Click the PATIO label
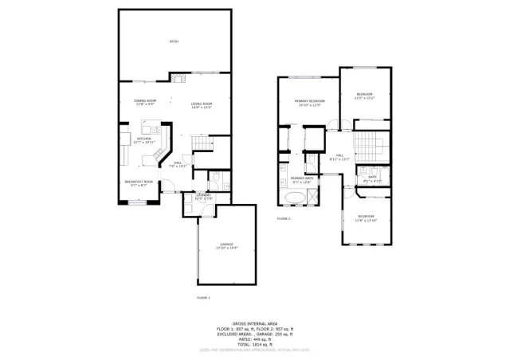click(174, 41)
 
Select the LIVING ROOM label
click(201, 105)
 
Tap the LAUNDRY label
click(203, 196)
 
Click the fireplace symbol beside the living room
click(178, 77)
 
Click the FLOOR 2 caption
click(284, 218)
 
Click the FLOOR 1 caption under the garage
click(203, 298)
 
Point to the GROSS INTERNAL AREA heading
click(254, 323)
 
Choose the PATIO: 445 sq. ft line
click(254, 338)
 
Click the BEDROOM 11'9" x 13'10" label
click(366, 218)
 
